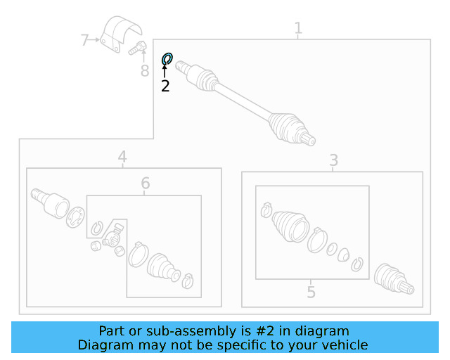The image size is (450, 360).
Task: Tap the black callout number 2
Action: (165, 86)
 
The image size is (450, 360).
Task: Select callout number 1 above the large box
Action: (298, 28)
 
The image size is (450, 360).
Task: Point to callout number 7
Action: (84, 40)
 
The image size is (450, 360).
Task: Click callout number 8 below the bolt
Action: (145, 70)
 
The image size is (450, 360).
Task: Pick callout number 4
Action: (122, 157)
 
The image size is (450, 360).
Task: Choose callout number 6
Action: (146, 183)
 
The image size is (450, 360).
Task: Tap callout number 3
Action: (333, 160)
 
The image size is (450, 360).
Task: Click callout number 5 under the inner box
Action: (311, 292)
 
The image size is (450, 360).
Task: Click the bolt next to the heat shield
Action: (138, 48)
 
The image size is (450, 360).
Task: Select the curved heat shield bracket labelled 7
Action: (120, 34)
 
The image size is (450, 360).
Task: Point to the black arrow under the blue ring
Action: (165, 71)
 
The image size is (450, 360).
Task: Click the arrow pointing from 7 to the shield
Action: (94, 40)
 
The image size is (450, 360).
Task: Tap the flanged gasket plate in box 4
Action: (75, 217)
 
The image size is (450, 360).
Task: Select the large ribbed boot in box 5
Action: (290, 226)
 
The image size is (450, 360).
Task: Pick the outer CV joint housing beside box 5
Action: (394, 278)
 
